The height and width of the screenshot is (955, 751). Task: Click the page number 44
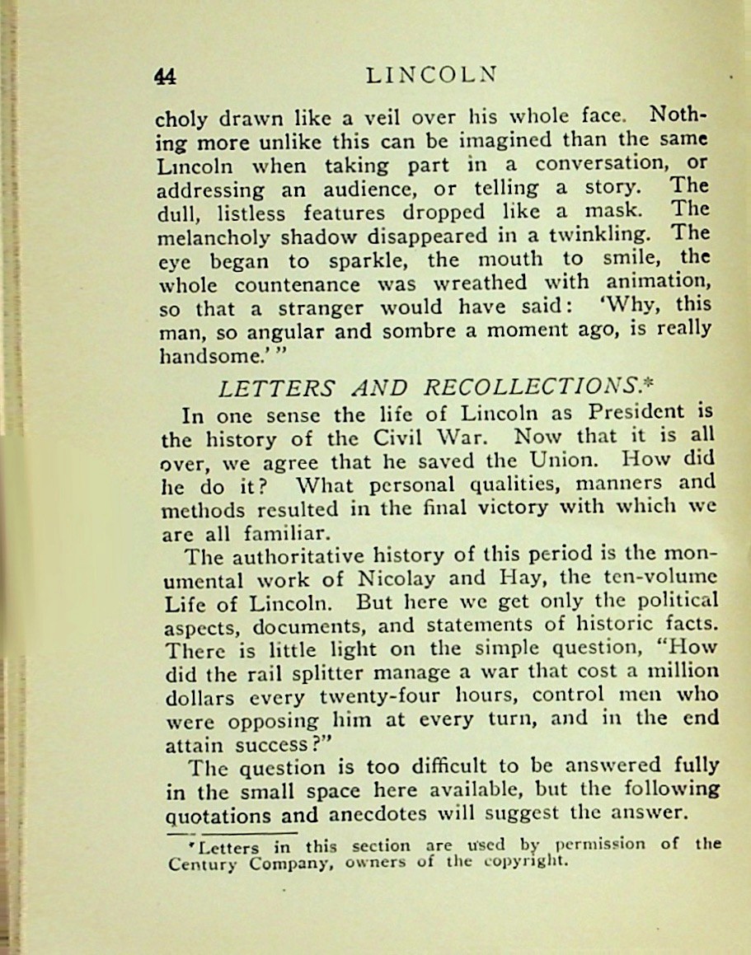[x=166, y=77]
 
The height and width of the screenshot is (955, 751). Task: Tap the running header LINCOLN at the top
[x=431, y=75]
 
